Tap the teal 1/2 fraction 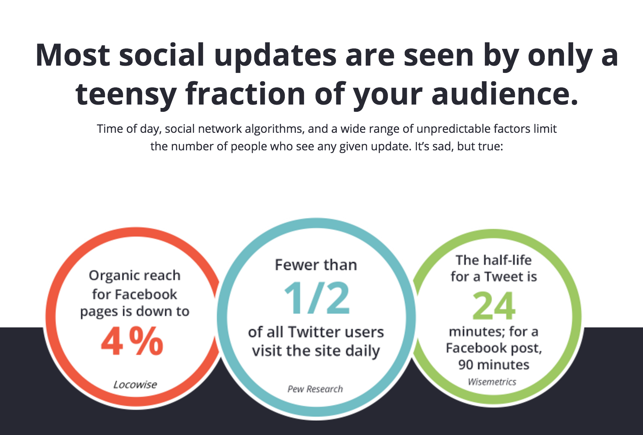coord(317,298)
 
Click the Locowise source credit coord(135,385)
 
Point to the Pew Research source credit coord(315,389)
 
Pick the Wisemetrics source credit coord(492,382)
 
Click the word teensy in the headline coord(126,94)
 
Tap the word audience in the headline coord(505,93)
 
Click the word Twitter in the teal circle coord(312,332)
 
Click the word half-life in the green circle coord(507,260)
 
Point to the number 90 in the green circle coord(466,365)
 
